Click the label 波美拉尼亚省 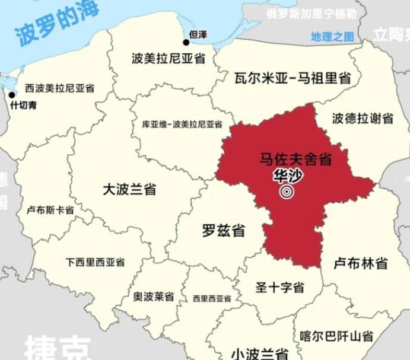click(x=169, y=58)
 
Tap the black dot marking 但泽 click(x=186, y=42)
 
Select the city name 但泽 click(x=198, y=35)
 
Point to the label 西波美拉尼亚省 click(x=59, y=88)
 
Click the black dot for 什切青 click(x=11, y=94)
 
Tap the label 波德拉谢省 click(x=363, y=119)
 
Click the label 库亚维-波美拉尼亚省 click(x=182, y=125)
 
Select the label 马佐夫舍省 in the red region click(x=295, y=159)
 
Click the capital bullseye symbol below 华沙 click(x=287, y=192)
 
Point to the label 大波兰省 click(x=129, y=189)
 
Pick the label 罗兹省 click(x=223, y=231)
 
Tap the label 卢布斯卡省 click(x=50, y=210)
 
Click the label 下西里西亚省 click(x=95, y=262)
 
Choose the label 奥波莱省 click(x=154, y=297)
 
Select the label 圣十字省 click(x=279, y=288)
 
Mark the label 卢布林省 click(x=361, y=263)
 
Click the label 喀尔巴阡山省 click(x=336, y=337)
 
